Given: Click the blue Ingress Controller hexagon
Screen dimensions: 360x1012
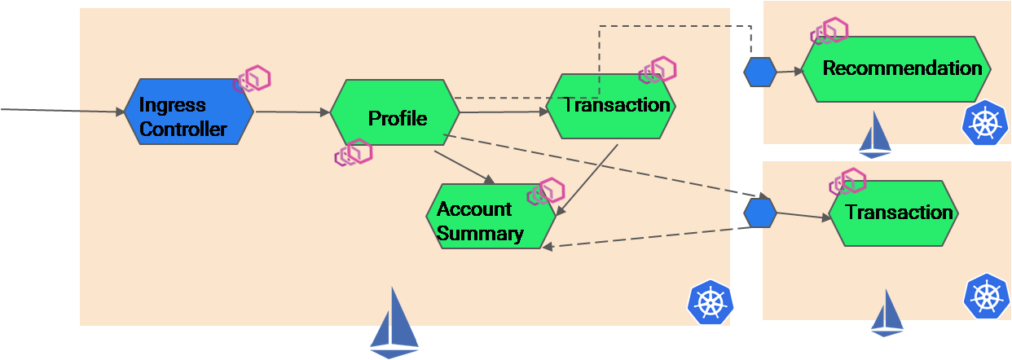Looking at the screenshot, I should [188, 112].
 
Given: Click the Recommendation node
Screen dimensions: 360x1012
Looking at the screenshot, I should [896, 68].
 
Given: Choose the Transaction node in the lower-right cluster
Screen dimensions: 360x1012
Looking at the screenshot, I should [893, 213].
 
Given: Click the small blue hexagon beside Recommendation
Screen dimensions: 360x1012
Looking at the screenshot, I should [760, 72].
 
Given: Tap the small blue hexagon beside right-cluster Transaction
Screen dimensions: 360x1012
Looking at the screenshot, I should [760, 213].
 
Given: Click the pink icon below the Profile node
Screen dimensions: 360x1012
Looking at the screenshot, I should [354, 152].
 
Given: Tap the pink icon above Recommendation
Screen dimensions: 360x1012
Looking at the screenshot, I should [829, 31].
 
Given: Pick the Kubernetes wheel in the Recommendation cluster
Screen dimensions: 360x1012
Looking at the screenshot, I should [985, 123].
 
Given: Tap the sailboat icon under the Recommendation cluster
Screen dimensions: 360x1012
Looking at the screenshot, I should [875, 135].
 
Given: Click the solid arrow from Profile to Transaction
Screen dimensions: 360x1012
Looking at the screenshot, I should [501, 113].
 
